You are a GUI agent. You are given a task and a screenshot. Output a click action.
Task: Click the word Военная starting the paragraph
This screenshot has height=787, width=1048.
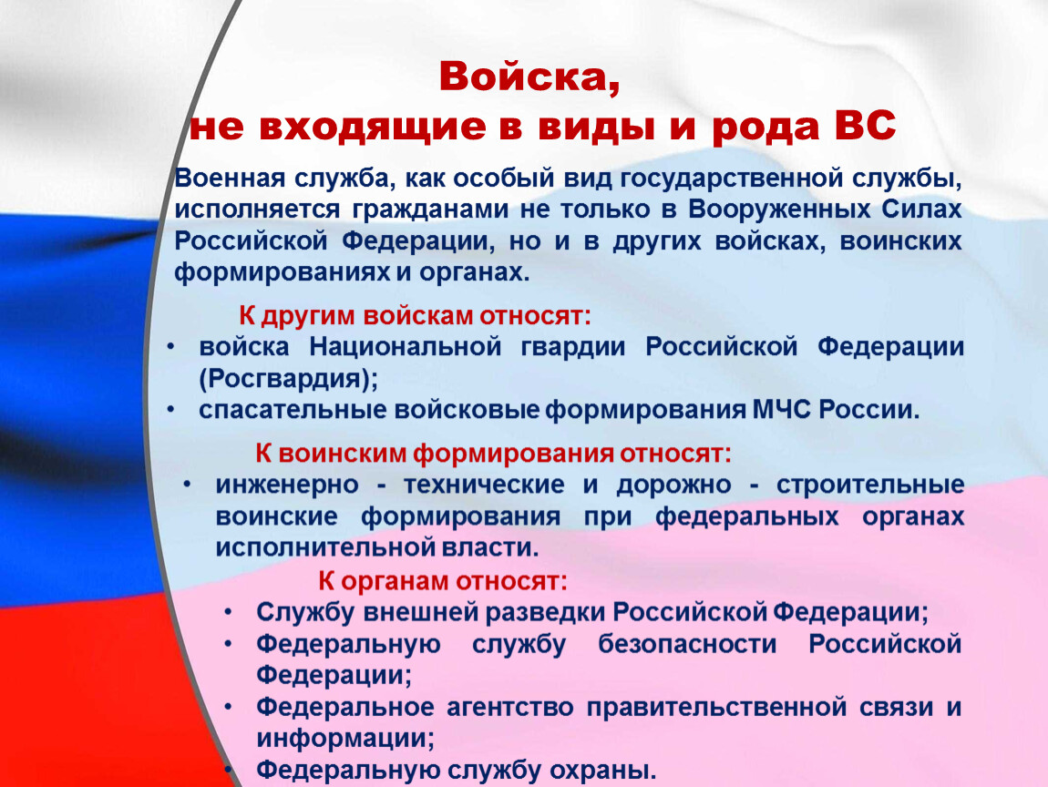coord(230,179)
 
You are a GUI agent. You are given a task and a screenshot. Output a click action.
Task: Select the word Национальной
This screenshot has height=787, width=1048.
coord(406,347)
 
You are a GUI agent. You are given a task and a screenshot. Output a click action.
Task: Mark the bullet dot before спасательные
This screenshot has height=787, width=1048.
coord(171,409)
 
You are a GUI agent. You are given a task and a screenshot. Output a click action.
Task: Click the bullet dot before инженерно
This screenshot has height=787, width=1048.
coord(188,485)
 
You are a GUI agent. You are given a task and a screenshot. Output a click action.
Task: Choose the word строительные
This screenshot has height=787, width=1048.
coord(870,485)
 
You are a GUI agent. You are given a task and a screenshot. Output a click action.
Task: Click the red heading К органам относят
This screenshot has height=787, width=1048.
coord(443,580)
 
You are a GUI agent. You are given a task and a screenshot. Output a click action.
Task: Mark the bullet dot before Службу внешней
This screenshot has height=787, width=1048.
coord(229,612)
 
